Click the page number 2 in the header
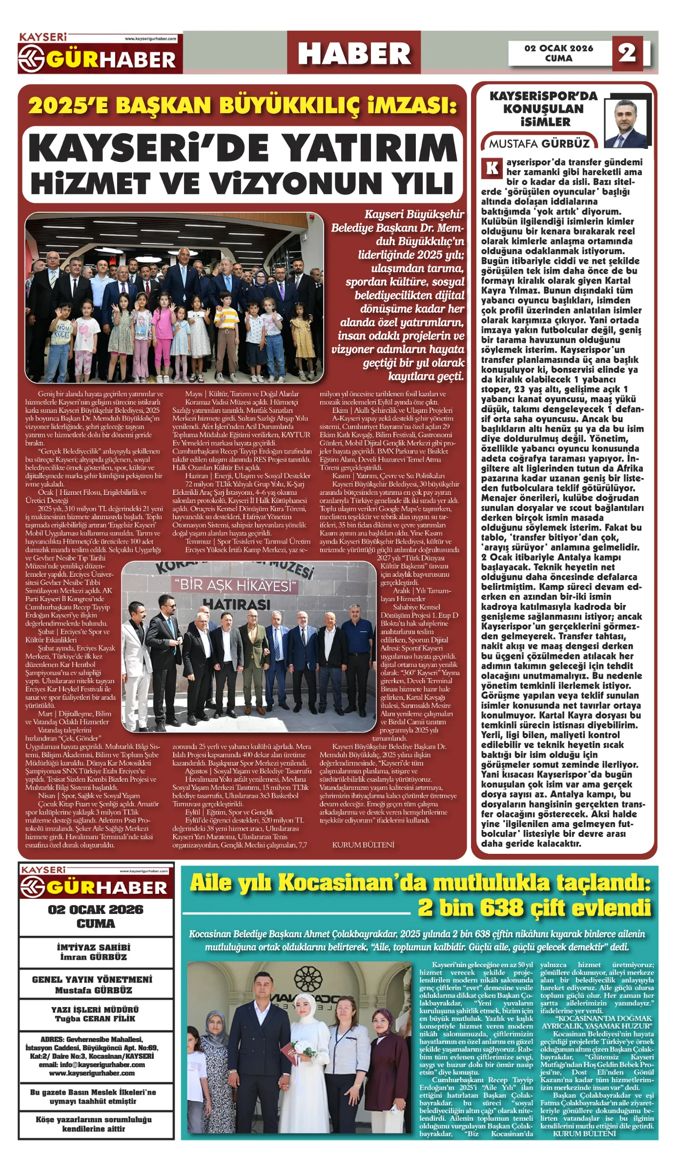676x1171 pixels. [x=627, y=52]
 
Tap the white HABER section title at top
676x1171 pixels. [x=354, y=53]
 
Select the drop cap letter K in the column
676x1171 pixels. [x=492, y=168]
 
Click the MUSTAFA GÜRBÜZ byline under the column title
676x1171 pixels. [x=539, y=143]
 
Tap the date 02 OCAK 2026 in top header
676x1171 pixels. [x=559, y=48]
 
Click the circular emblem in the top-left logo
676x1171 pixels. [x=32, y=60]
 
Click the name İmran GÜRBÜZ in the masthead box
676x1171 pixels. [x=93, y=957]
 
